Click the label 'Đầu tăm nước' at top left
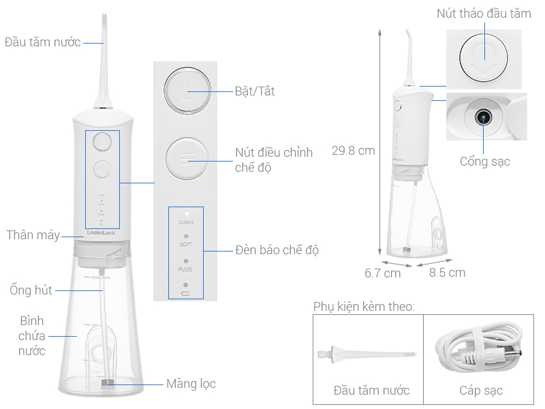[42, 42]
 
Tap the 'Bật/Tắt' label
[254, 91]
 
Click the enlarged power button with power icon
[186, 91]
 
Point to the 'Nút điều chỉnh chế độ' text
[273, 160]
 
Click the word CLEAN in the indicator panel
[186, 222]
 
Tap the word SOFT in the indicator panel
[186, 244]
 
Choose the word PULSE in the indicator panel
[186, 269]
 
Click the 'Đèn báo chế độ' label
[277, 250]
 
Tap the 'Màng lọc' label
[191, 384]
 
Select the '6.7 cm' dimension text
[382, 273]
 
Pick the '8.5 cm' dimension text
[447, 273]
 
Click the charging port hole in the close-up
[483, 117]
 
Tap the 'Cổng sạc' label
[484, 162]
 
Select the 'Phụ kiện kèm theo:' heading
[363, 306]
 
